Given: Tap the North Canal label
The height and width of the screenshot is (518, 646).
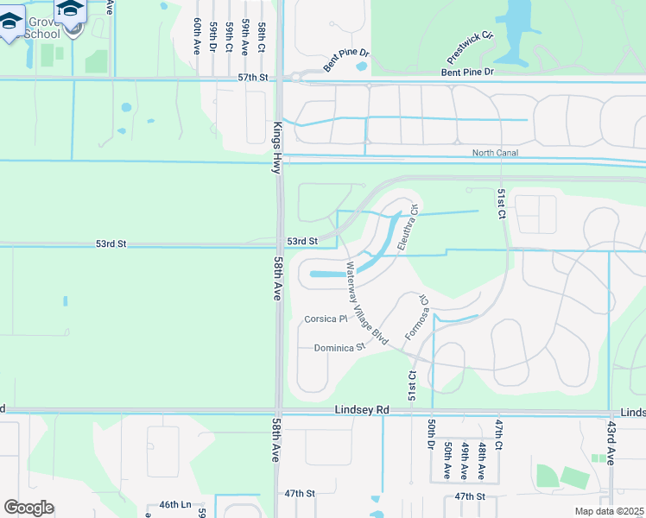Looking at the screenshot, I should [x=495, y=154].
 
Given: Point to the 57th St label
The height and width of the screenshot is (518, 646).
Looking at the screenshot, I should [x=253, y=78].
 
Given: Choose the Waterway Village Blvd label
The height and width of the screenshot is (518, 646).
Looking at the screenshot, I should [x=366, y=304].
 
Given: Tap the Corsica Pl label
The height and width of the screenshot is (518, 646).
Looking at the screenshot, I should [x=326, y=319].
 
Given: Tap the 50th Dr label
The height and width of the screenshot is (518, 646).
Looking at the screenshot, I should [x=430, y=434].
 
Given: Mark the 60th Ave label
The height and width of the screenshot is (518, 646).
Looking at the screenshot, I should [x=198, y=36].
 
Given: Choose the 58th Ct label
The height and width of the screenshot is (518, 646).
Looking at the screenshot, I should [x=260, y=40].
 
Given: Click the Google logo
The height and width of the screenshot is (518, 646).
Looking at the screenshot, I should [x=28, y=508].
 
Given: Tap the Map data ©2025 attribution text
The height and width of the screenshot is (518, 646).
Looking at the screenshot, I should [x=609, y=511].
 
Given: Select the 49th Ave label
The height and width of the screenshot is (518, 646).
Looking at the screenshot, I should [x=465, y=460].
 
